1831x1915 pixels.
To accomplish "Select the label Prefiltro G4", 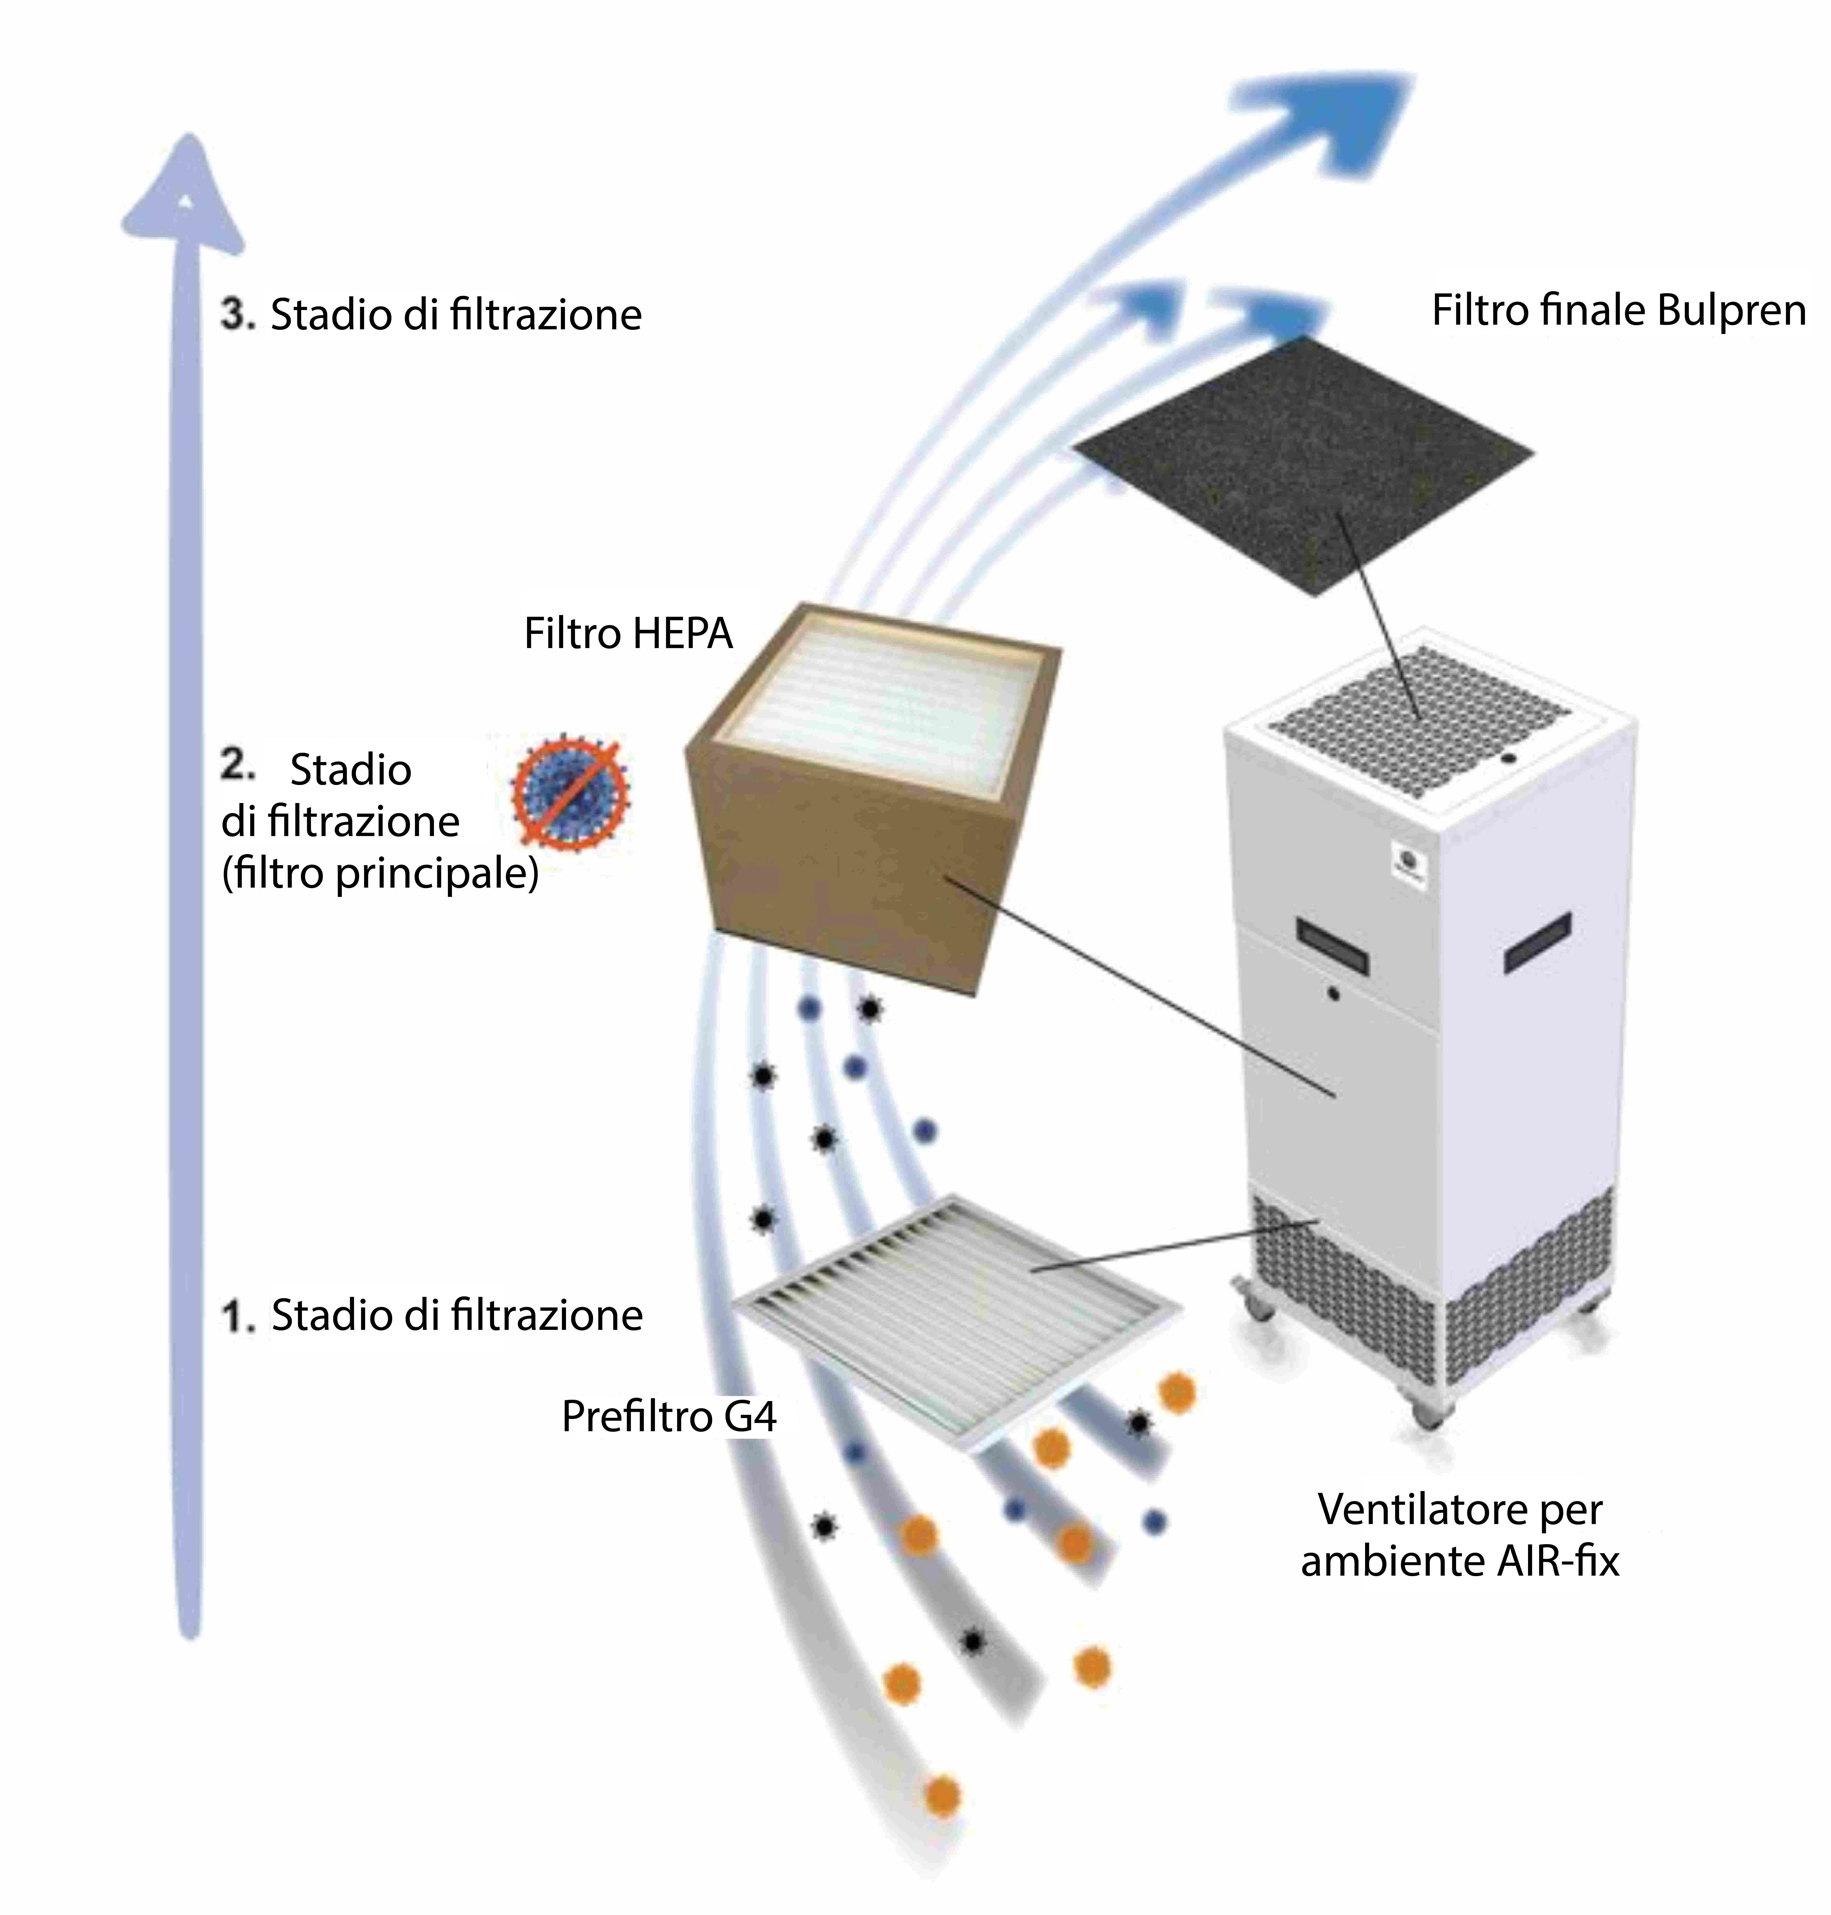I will tap(669, 1416).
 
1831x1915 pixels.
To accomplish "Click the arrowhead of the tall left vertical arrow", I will tap(184, 195).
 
